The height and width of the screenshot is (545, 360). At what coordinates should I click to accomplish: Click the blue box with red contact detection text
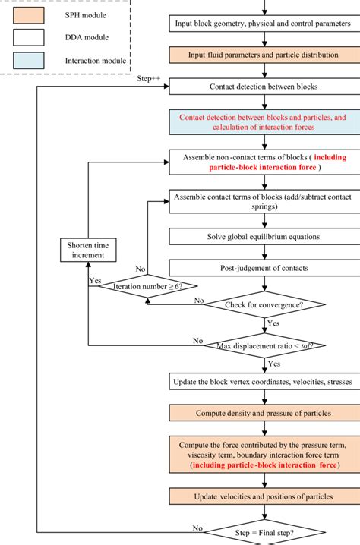[x=264, y=123]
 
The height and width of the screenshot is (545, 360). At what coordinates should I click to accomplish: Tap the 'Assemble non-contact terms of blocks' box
[x=264, y=162]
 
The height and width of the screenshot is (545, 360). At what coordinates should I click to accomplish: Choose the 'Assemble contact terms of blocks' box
[x=264, y=201]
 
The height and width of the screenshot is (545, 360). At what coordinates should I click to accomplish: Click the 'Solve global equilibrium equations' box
[x=264, y=236]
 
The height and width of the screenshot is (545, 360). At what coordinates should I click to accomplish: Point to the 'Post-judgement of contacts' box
[x=264, y=268]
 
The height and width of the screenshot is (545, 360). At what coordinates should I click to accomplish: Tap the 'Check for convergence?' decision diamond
[x=264, y=305]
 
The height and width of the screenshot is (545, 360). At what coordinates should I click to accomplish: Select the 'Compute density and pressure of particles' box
[x=264, y=413]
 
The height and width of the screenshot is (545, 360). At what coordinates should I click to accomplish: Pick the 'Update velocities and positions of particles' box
[x=264, y=496]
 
